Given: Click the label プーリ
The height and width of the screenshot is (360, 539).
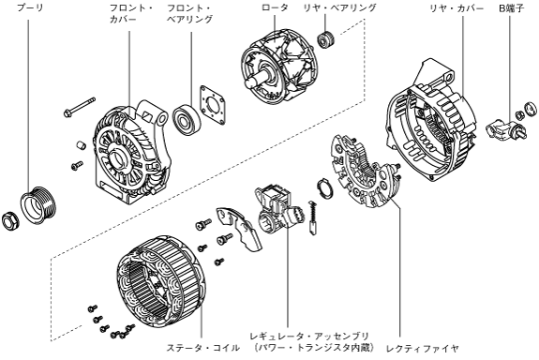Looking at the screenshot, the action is (x=31, y=7).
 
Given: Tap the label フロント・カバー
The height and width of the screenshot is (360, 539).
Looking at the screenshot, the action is (x=131, y=13).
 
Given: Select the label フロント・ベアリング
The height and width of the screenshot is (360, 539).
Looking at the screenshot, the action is (x=189, y=13).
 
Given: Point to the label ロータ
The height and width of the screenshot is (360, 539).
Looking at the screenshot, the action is (x=275, y=7).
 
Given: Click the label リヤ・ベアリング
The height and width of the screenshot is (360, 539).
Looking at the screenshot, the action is (x=340, y=7).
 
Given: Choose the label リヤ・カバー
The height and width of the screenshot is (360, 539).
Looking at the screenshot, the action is (x=457, y=7).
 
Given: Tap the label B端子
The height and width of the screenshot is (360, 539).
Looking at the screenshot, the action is (x=512, y=7).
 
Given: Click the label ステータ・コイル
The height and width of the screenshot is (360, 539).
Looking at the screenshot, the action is (x=202, y=348).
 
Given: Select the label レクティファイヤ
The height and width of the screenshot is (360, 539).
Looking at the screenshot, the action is (x=423, y=349).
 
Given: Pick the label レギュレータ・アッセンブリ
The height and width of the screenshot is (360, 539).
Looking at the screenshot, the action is (x=309, y=336).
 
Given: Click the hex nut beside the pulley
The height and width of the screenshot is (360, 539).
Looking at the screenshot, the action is (x=10, y=221).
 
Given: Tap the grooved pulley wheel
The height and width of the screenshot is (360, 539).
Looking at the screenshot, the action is (x=37, y=205).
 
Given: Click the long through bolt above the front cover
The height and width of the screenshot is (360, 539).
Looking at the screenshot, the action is (x=80, y=107).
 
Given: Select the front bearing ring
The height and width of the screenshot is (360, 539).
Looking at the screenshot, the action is (x=186, y=120).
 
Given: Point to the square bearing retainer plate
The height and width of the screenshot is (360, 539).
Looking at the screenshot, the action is (x=213, y=105).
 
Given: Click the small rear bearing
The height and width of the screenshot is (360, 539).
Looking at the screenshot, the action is (x=325, y=39).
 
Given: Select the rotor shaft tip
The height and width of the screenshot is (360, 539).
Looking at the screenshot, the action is (x=247, y=83).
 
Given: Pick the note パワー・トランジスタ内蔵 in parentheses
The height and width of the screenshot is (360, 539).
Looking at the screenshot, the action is (x=314, y=348).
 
